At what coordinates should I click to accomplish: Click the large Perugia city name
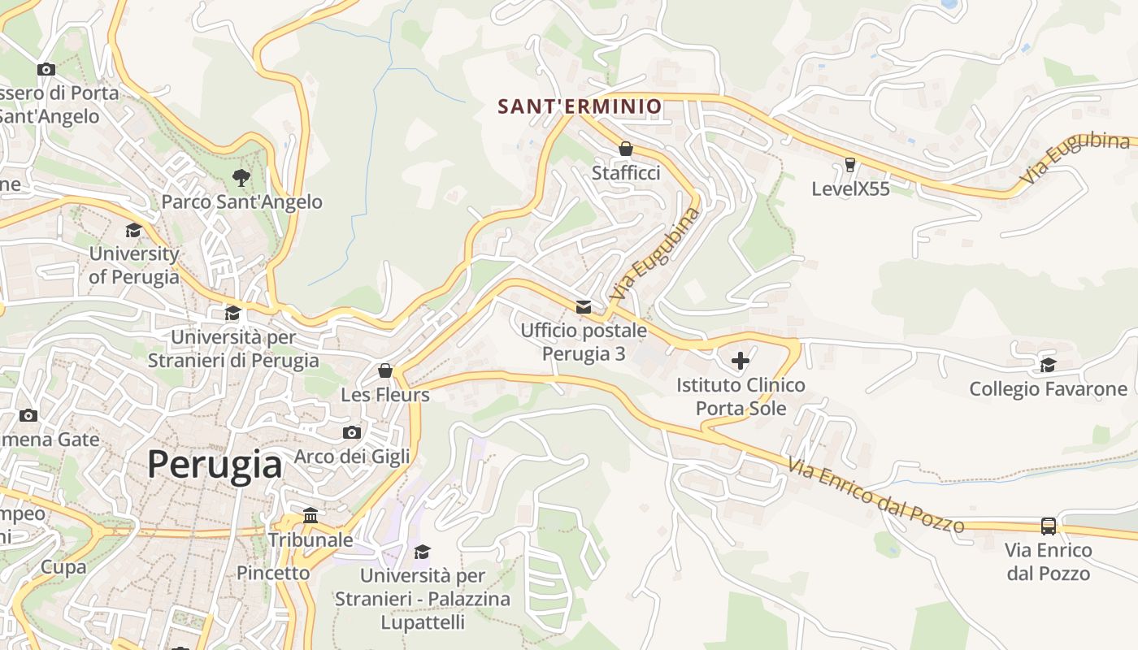(x=215, y=465)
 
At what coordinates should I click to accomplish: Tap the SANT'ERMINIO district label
(x=580, y=106)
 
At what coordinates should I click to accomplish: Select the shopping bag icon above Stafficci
(x=626, y=149)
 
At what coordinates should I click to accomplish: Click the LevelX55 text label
(x=850, y=189)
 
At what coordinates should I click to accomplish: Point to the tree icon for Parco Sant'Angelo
(x=241, y=176)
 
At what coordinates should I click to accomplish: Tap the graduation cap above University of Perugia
(x=133, y=231)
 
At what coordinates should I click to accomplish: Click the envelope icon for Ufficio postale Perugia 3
(x=584, y=306)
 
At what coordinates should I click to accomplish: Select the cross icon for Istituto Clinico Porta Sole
(x=741, y=360)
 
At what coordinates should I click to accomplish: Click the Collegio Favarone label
(x=1048, y=389)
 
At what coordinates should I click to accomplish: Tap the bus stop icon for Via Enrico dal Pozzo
(x=1049, y=526)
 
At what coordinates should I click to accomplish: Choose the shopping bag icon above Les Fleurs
(x=385, y=370)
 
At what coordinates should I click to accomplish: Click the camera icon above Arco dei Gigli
(x=352, y=432)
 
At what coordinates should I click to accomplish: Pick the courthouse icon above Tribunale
(x=310, y=516)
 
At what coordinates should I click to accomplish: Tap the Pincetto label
(x=273, y=573)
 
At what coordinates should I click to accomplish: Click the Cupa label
(x=63, y=567)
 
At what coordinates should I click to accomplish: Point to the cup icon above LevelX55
(x=850, y=165)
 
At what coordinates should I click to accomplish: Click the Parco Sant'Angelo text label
(x=242, y=201)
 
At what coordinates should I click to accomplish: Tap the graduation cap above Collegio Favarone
(x=1048, y=365)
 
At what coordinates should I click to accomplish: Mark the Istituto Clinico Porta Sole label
(x=741, y=396)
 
